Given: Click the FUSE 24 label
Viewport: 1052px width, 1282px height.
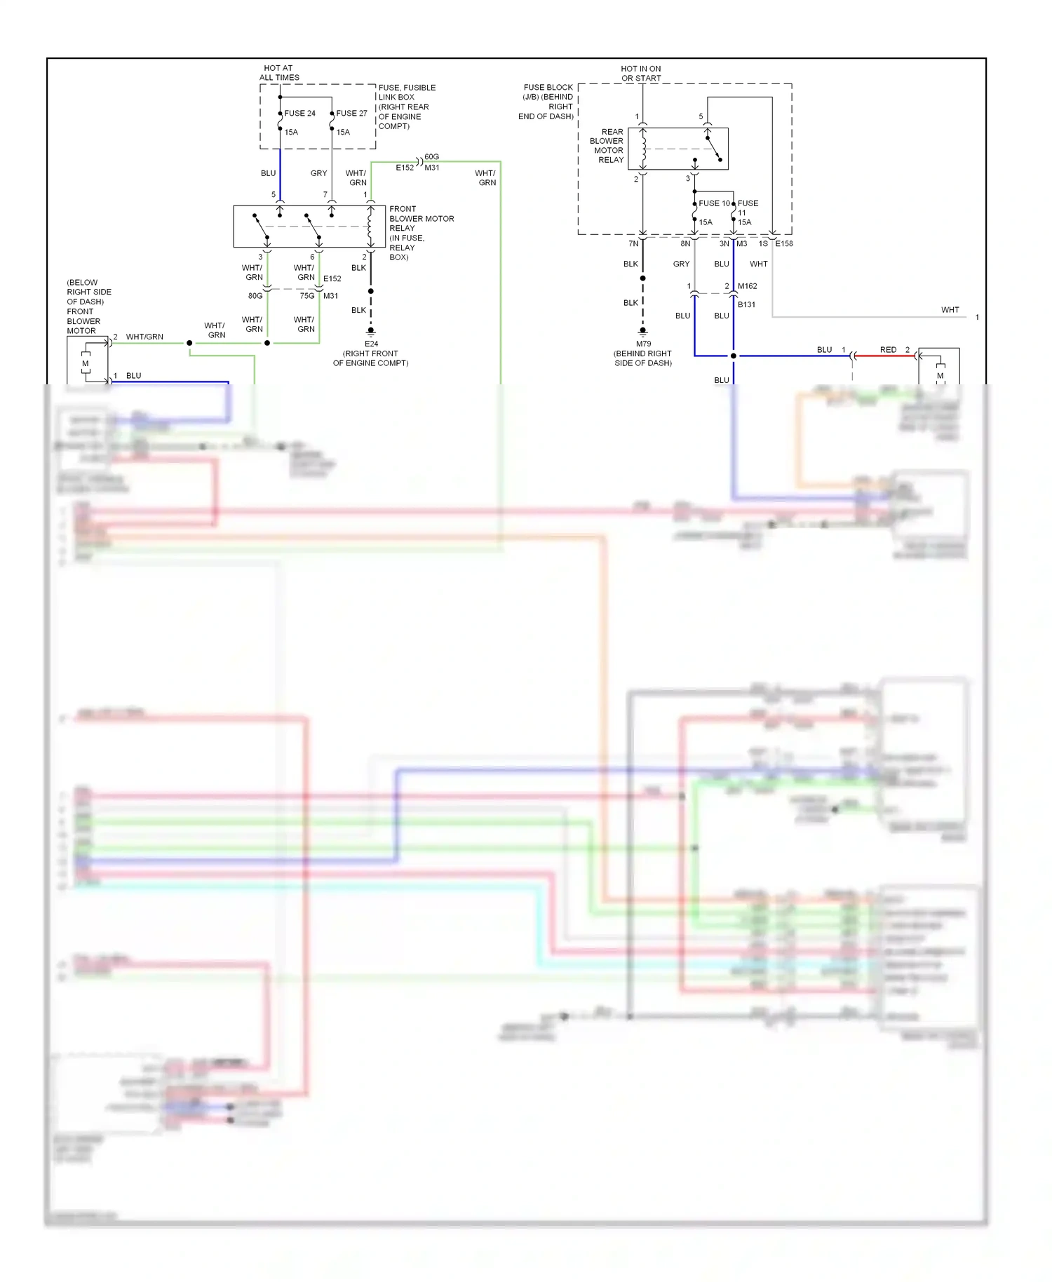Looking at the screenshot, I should point(299,113).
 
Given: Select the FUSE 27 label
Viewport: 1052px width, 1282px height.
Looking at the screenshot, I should point(351,113).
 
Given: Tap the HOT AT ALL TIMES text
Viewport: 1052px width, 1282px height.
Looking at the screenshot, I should point(279,73).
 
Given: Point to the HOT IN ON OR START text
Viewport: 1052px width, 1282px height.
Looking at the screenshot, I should point(641,74).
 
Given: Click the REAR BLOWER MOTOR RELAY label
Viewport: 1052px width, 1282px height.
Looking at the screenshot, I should point(608,146).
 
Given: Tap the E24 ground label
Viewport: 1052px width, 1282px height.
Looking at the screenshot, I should point(371,344).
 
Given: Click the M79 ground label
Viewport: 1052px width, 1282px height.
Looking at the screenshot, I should point(643,344).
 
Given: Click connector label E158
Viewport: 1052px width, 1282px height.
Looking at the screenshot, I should point(784,243).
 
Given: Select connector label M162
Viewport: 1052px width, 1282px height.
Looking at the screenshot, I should point(747,286).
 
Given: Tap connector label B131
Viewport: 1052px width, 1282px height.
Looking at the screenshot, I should point(746,304).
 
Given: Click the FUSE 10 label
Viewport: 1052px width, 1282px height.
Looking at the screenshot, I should point(714,203).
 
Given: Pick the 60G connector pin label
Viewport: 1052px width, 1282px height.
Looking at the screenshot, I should point(431,157).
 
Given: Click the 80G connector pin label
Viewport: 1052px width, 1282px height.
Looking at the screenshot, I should point(255,296).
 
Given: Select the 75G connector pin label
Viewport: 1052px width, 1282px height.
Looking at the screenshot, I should point(307,296).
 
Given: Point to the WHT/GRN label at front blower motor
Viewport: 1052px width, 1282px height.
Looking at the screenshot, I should point(144,337).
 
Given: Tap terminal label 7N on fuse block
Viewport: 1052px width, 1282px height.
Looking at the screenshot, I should point(633,243).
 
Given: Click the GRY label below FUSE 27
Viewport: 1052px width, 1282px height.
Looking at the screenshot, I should point(318,173).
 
